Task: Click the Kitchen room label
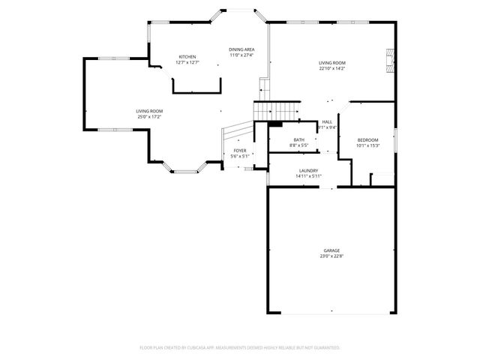coord(187,57)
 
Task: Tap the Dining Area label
coord(241,49)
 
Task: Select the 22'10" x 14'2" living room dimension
coord(331,69)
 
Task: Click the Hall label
coord(327,121)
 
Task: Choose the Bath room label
coord(299,139)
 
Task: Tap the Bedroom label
coord(367,139)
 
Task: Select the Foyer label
coord(239,151)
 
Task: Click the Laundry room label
coord(309,171)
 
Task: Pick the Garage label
coord(331,250)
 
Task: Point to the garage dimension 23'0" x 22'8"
coord(331,256)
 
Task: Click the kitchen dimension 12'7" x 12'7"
coord(187,62)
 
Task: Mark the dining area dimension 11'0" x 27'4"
coord(241,55)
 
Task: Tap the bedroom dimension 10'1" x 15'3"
coord(367,145)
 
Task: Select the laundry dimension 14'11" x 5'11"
coord(309,176)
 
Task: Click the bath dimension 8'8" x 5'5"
coord(299,145)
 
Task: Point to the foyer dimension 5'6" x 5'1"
coord(239,156)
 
